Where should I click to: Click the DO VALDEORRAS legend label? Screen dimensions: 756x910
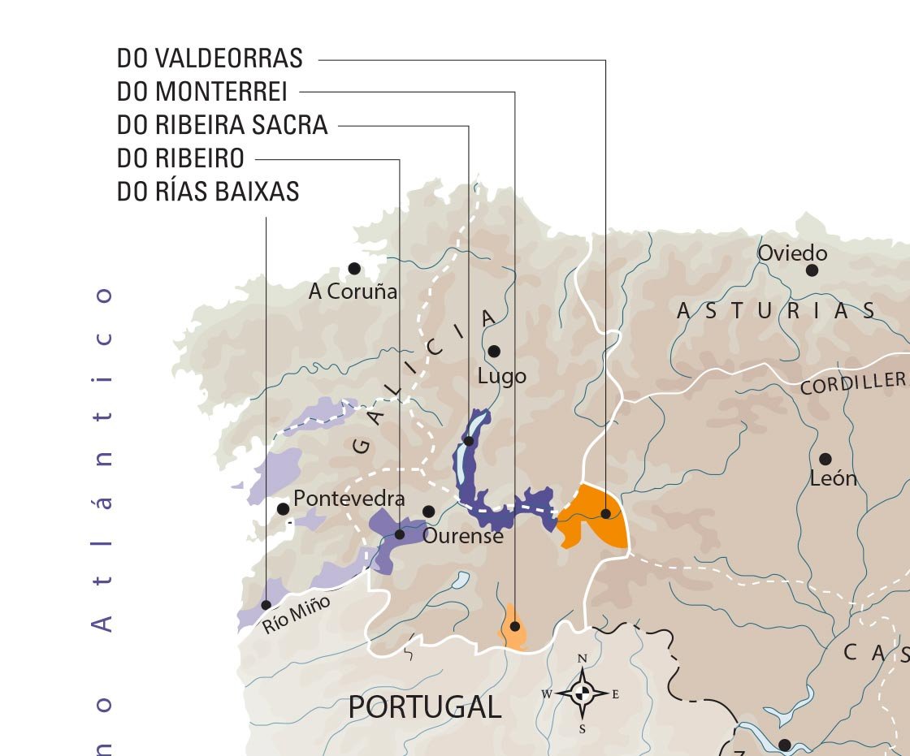[210, 58]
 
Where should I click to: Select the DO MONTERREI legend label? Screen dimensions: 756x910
[202, 92]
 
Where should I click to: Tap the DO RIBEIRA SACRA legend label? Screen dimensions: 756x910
[223, 125]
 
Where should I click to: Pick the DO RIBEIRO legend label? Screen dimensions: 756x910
[180, 158]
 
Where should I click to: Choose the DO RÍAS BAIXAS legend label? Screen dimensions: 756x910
[208, 192]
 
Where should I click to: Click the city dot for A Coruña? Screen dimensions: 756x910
[354, 268]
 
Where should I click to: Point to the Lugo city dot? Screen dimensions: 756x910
[494, 352]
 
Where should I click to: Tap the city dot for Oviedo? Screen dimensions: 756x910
[812, 270]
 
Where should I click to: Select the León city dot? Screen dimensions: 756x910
[825, 459]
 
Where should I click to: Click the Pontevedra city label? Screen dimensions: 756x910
[349, 499]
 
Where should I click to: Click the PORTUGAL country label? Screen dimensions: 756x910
[424, 707]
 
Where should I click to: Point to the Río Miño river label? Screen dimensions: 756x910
[296, 615]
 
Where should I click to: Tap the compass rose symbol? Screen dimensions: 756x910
[583, 693]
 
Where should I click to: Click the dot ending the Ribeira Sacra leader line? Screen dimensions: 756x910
[469, 442]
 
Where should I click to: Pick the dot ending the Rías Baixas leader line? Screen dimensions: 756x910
[266, 605]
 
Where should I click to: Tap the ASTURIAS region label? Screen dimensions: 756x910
[777, 311]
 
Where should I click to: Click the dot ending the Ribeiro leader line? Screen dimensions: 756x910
[399, 534]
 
